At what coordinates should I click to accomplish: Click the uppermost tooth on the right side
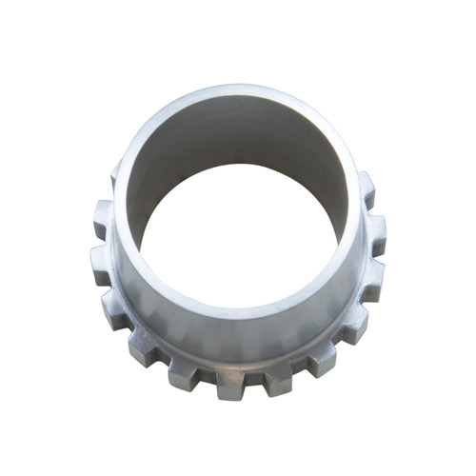pyautogui.click(x=366, y=187)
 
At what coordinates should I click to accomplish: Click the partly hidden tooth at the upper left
pyautogui.click(x=114, y=177)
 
